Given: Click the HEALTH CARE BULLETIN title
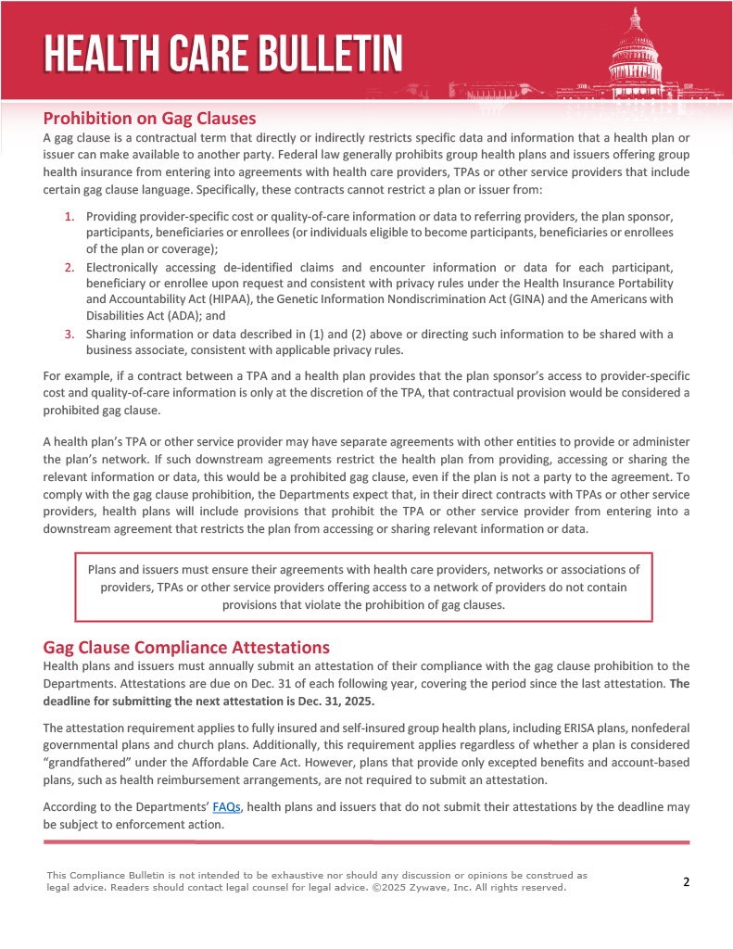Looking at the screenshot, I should [x=222, y=52].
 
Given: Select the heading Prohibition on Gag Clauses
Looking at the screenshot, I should [x=149, y=119].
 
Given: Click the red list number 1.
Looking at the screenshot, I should [x=70, y=216].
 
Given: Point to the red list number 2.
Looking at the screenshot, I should [x=70, y=267].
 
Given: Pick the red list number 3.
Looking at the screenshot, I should [x=70, y=334].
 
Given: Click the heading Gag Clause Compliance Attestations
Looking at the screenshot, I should [x=186, y=647].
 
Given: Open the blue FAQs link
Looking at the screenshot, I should [x=226, y=807].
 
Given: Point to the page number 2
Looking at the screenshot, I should [x=686, y=881].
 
